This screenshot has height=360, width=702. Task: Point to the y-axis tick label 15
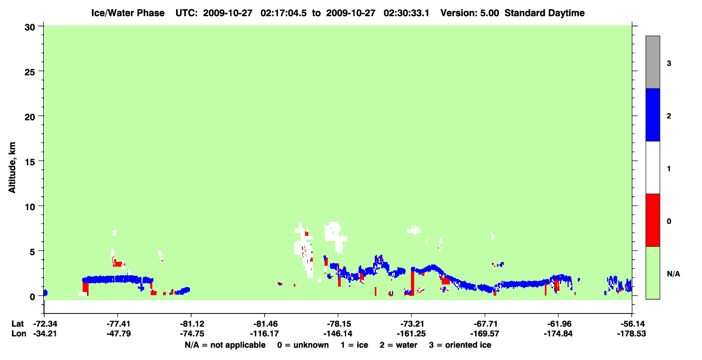pos(30,162)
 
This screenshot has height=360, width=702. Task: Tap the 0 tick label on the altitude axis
pos(32,297)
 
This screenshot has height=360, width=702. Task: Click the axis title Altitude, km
pos(12,167)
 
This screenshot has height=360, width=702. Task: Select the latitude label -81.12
pos(192,324)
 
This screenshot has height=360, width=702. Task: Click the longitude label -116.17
pos(264,334)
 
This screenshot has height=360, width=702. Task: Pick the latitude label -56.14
pos(631,324)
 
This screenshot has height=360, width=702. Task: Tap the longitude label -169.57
pos(485,334)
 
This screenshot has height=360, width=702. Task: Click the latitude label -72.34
pos(45,324)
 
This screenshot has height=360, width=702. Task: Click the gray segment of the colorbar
pos(652,62)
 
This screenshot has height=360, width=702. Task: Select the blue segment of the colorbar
pos(652,114)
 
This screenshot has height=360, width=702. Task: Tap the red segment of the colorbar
pos(652,220)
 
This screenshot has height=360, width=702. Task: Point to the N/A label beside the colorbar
pos(673,274)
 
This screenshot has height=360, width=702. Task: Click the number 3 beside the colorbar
pos(669,63)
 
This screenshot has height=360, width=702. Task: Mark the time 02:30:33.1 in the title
pos(407,13)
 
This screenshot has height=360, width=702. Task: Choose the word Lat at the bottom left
pos(17,324)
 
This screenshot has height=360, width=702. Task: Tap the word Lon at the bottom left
pos(19,334)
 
